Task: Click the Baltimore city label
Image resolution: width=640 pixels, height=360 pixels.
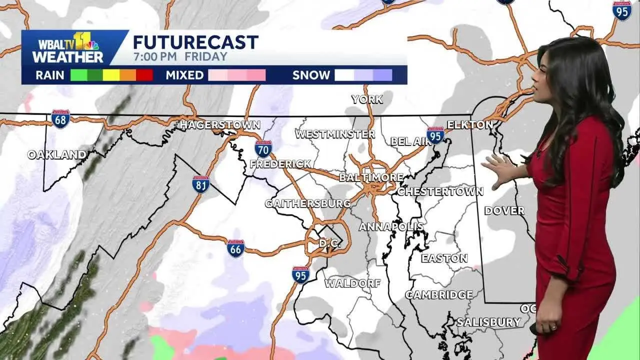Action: point(371,177)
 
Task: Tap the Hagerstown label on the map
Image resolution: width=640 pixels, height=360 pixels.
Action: point(220,124)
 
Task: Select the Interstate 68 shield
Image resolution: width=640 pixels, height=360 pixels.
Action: point(60,119)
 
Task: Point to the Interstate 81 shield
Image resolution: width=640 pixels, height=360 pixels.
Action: point(200,184)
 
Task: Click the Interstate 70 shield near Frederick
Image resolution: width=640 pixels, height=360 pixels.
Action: point(263,148)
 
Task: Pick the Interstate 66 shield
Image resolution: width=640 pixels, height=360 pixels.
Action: point(235,248)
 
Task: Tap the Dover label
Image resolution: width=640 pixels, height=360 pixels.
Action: point(504,210)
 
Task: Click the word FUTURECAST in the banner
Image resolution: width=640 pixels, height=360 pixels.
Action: point(195,42)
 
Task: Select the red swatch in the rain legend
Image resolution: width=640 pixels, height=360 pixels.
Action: point(144,75)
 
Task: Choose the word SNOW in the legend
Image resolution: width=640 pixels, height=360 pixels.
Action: point(311,75)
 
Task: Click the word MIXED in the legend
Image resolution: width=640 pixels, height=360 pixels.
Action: point(184,75)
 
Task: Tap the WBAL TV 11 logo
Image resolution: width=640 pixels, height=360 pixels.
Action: point(68,47)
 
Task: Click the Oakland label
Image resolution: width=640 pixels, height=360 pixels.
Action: point(56,155)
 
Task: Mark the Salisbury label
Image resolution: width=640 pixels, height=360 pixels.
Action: point(488,322)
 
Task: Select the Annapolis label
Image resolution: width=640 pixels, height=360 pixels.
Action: point(391,226)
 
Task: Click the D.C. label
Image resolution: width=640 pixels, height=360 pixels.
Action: point(330,243)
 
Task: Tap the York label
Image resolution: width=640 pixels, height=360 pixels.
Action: point(367,99)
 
